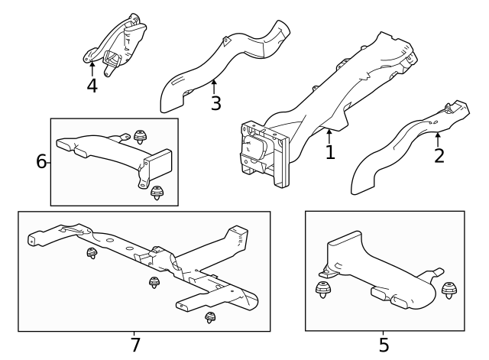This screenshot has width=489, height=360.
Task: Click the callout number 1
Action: (x=330, y=152)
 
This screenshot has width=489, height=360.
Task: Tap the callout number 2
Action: (x=439, y=157)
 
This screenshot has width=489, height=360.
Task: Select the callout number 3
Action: (x=216, y=103)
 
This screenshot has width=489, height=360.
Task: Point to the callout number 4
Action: (x=92, y=85)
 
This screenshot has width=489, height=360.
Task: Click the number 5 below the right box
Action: (x=384, y=345)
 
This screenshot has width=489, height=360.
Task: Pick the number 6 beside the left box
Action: (x=42, y=161)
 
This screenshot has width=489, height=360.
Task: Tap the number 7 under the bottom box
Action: (x=135, y=345)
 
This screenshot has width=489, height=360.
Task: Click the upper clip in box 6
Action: (x=141, y=138)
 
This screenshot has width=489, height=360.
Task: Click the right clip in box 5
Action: (x=449, y=290)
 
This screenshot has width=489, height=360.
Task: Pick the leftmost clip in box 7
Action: (x=92, y=253)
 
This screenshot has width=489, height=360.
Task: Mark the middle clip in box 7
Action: (x=153, y=283)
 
